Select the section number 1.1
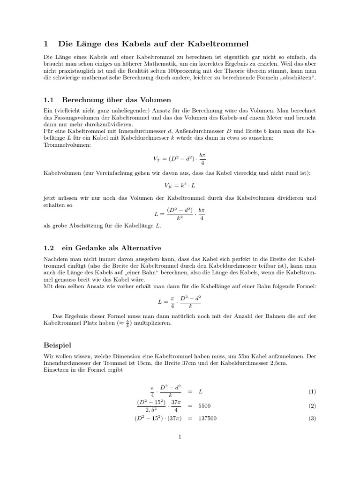[x=49, y=100]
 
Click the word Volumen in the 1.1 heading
[x=155, y=100]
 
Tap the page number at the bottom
[x=180, y=437]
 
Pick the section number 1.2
[x=49, y=248]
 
